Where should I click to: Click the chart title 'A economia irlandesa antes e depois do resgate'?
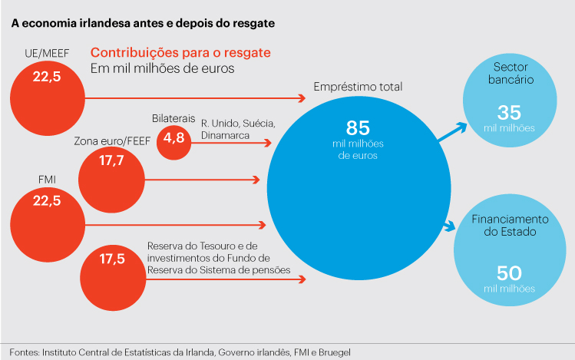click(x=143, y=23)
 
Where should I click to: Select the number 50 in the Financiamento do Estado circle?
click(x=509, y=272)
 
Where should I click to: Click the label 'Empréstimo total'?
click(x=357, y=88)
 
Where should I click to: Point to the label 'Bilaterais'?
click(x=173, y=117)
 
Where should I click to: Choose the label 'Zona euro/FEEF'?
click(x=111, y=142)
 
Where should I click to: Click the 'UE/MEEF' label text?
click(x=46, y=53)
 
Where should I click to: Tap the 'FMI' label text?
click(x=45, y=180)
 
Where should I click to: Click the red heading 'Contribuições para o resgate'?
click(x=181, y=53)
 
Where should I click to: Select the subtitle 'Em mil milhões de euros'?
click(x=162, y=69)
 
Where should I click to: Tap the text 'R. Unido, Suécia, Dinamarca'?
click(x=238, y=129)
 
